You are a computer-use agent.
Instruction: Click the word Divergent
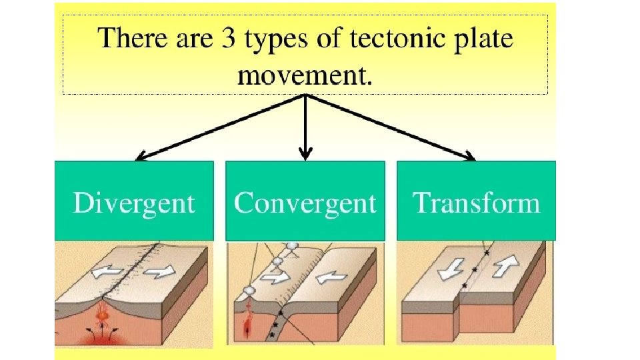(x=134, y=202)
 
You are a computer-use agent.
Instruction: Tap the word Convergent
(x=305, y=202)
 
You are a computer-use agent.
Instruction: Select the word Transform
(x=477, y=202)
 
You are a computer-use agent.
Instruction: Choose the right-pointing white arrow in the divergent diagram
(x=161, y=271)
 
